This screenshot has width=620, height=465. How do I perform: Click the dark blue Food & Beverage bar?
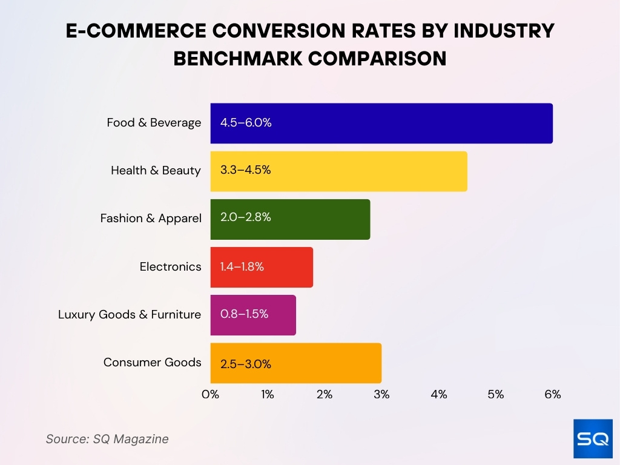coord(381,123)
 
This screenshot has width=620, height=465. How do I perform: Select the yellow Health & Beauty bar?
coord(338,171)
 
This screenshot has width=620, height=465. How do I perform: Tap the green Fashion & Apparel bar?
coord(290,219)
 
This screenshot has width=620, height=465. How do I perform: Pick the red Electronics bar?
coord(262,266)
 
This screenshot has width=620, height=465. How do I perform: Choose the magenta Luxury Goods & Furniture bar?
coord(253,315)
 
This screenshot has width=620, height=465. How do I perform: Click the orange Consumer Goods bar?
coord(295,363)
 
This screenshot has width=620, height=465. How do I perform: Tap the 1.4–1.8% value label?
coord(242,266)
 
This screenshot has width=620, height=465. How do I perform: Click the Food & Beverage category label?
coord(154,123)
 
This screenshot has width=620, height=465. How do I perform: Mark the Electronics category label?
coord(170,266)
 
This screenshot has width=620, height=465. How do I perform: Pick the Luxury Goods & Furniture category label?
coord(130,315)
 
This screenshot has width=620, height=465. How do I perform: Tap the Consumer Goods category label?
coord(152,363)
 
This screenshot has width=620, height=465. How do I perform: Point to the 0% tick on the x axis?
coord(210,395)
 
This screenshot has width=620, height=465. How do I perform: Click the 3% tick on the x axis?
coord(381,395)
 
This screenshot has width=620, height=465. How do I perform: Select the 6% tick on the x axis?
coord(552,395)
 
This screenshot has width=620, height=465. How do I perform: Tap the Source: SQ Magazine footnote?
coord(107,439)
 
